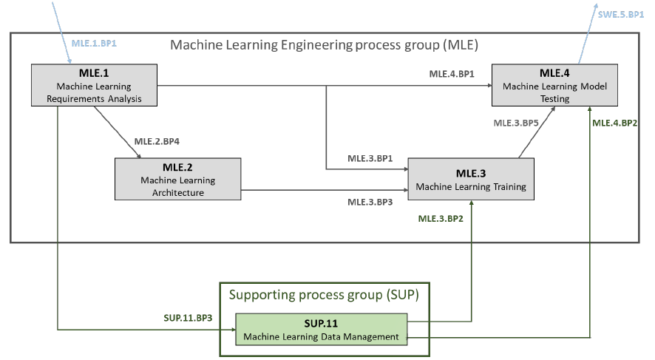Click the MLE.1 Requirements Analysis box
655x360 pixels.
95,85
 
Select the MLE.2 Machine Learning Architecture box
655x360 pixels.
178,178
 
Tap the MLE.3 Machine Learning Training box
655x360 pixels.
471,179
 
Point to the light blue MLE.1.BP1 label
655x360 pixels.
95,44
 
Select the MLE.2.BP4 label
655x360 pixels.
159,140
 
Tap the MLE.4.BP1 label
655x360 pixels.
451,74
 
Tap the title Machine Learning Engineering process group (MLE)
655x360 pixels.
325,45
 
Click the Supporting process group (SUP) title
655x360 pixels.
324,296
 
